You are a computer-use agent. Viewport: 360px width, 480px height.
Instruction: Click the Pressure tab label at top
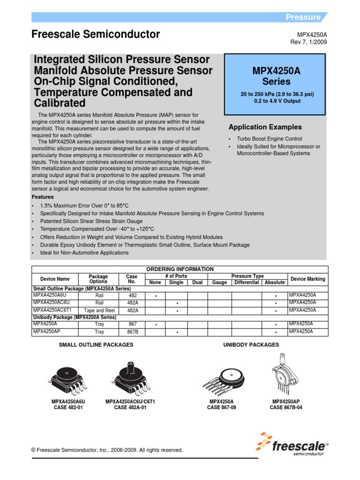click(303, 17)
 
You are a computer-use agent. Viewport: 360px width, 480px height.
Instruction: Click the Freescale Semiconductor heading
click(96, 34)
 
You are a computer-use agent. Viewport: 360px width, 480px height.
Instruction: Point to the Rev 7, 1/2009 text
click(309, 42)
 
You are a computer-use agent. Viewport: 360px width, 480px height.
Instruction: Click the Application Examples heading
click(265, 127)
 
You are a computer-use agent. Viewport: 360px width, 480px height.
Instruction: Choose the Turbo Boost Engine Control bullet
click(270, 139)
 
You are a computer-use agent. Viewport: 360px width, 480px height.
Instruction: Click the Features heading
click(43, 197)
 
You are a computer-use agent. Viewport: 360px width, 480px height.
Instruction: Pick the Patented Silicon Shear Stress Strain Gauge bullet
click(91, 221)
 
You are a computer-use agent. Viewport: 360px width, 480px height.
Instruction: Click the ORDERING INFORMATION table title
click(180, 269)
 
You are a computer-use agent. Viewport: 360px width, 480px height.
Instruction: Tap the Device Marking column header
click(307, 279)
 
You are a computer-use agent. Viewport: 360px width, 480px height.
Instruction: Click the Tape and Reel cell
click(99, 310)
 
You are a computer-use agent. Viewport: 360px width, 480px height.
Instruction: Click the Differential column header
click(247, 282)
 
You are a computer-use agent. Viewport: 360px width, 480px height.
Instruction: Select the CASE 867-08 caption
click(222, 408)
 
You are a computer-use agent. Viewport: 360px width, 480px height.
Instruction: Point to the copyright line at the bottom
click(107, 450)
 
